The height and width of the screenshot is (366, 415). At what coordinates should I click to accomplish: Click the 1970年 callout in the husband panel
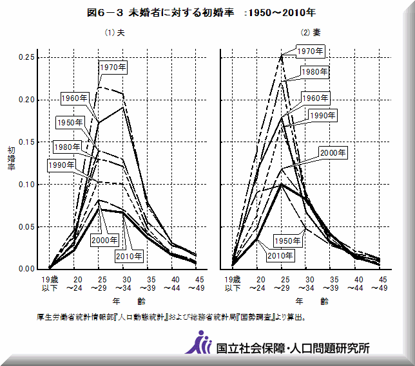click(113, 66)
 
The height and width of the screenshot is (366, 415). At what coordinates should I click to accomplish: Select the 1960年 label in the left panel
click(75, 98)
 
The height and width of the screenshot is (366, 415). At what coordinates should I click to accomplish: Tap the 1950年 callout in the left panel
click(70, 122)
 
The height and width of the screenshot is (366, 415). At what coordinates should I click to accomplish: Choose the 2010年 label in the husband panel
click(129, 256)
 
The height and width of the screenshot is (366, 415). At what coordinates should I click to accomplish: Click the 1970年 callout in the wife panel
click(310, 50)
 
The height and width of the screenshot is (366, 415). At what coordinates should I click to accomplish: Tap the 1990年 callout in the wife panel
click(323, 116)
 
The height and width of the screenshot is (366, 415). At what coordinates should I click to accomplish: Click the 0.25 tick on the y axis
click(26, 58)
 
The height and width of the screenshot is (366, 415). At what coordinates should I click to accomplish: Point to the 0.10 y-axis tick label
click(26, 185)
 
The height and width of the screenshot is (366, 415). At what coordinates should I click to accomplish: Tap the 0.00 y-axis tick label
click(26, 269)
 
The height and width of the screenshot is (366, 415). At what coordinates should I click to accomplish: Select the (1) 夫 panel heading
click(115, 33)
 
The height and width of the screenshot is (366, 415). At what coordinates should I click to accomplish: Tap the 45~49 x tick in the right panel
click(382, 284)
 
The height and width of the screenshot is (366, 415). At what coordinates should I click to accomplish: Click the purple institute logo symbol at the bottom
click(200, 343)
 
